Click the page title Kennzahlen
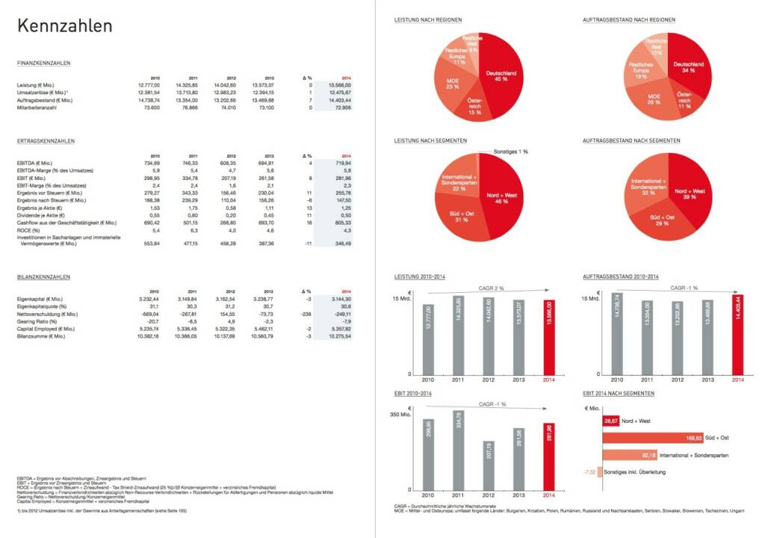point(65,26)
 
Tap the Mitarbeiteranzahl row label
point(37,108)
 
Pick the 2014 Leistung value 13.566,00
point(339,85)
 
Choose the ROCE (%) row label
point(28,230)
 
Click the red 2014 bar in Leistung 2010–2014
point(549,336)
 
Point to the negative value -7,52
point(590,471)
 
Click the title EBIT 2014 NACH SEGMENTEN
point(619,393)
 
